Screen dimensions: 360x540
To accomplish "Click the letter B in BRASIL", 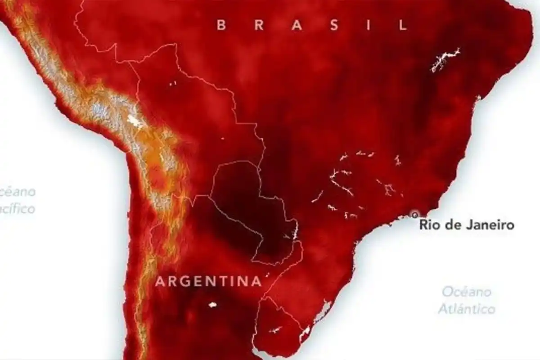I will [x=221, y=25].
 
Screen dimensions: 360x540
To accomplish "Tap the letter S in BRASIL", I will [x=333, y=25].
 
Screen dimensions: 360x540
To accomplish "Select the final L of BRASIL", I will [x=403, y=25].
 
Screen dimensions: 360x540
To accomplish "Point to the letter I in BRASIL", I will [x=369, y=25].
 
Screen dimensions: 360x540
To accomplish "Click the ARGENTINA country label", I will [x=208, y=282].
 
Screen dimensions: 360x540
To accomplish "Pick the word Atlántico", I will [x=467, y=309].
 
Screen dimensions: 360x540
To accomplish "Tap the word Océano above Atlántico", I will [x=467, y=292].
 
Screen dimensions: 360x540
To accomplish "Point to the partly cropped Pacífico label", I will [x=17, y=209].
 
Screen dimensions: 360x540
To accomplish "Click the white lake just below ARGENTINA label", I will [x=212, y=305].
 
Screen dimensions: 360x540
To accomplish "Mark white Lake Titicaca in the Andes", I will [x=133, y=120].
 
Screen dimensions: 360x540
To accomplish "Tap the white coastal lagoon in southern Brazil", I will [x=323, y=310].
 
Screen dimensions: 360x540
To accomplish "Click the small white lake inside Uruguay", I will [x=275, y=330].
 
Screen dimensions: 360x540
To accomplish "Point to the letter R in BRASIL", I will [x=259, y=25].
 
